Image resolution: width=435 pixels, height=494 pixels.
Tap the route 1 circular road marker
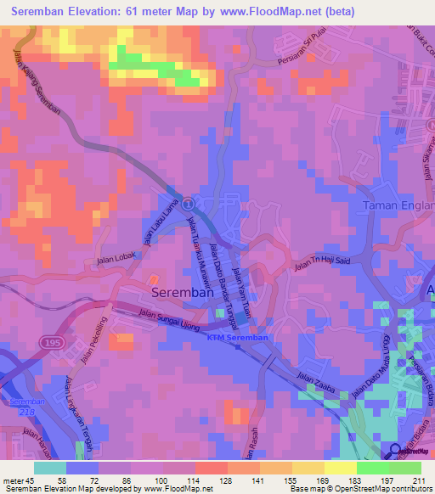(188, 205)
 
